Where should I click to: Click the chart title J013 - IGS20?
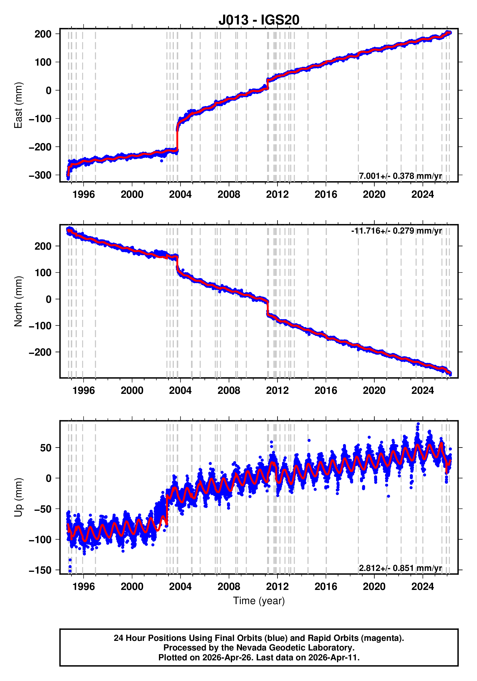[x=259, y=20]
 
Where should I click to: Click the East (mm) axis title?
[x=18, y=105]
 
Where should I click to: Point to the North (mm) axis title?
[x=18, y=301]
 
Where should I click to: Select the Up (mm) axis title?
[x=18, y=497]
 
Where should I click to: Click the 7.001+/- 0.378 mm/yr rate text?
[x=400, y=176]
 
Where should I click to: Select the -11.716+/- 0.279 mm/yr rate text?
[x=396, y=230]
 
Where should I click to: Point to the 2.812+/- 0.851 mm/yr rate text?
[x=400, y=568]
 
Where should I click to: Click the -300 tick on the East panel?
[x=40, y=175]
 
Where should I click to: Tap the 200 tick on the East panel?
[x=43, y=34]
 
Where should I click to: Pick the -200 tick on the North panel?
[x=40, y=352]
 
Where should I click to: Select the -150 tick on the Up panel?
[x=40, y=570]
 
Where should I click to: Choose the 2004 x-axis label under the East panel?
[x=180, y=195]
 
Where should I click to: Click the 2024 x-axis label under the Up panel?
[x=422, y=587]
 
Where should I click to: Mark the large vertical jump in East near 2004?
[x=177, y=139]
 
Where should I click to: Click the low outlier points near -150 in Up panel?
[x=70, y=566]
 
